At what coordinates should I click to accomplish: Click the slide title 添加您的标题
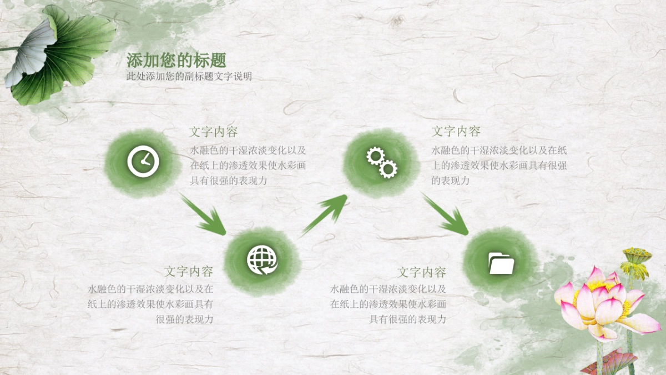176,61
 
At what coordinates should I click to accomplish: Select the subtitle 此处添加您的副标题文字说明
189,77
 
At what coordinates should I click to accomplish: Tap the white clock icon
143,162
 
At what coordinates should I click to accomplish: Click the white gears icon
382,162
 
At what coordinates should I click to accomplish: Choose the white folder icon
501,263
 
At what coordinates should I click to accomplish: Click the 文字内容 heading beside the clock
214,132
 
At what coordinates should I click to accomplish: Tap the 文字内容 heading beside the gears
456,132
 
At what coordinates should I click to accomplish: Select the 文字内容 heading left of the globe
189,272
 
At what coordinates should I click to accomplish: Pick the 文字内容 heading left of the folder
422,273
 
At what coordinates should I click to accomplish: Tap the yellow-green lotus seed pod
636,261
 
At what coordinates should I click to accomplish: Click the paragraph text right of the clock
248,166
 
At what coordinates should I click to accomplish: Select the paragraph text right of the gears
498,166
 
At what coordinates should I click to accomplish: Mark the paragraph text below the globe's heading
150,304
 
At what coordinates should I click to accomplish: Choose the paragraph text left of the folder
389,304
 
